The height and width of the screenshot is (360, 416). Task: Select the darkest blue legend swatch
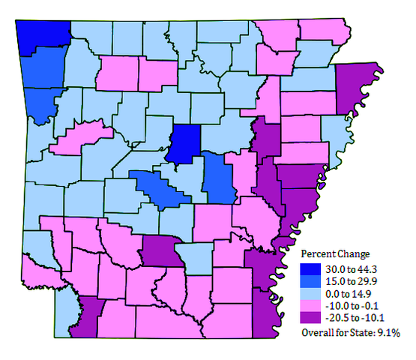309,268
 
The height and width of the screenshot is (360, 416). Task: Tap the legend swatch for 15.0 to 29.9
309,280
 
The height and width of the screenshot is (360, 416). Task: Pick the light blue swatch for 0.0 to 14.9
309,293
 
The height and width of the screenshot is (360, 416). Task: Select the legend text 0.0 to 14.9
344,293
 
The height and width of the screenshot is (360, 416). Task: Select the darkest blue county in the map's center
184,142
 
